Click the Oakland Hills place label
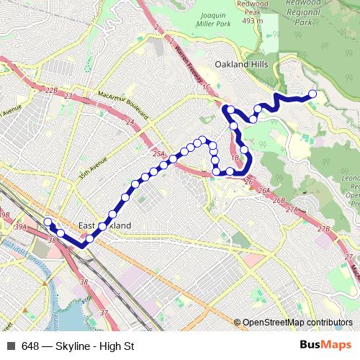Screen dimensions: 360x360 click(x=246, y=64)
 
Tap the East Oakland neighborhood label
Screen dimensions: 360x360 click(x=105, y=225)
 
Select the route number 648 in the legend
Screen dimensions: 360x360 click(x=30, y=346)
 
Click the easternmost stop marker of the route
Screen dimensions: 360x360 click(x=312, y=94)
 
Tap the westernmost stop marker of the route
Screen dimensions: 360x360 click(x=48, y=222)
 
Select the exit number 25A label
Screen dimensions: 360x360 click(x=159, y=153)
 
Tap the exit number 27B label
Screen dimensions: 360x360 click(x=323, y=230)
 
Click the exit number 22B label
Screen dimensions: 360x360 click(x=50, y=90)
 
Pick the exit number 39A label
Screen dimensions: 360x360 click(x=20, y=228)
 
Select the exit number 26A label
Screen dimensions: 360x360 click(x=264, y=191)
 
